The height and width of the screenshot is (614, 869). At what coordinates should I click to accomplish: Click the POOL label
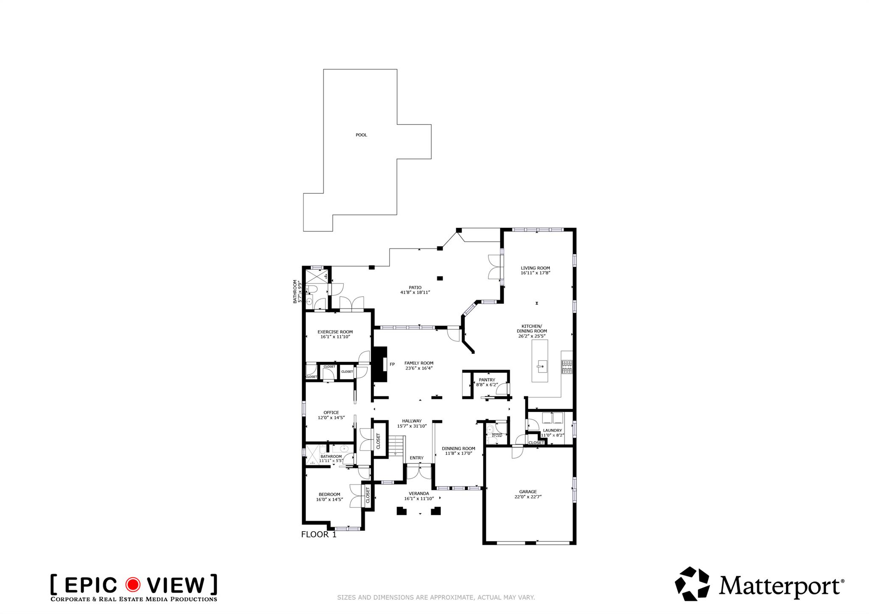click(361, 135)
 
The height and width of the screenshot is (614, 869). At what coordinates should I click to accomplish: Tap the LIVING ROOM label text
click(535, 268)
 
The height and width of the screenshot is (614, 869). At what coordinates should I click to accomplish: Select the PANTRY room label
click(487, 380)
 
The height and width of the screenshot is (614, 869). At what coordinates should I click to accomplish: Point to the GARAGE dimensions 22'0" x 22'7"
click(528, 497)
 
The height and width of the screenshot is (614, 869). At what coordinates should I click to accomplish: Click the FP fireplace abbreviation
click(392, 364)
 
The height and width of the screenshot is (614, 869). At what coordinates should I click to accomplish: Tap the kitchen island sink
click(541, 366)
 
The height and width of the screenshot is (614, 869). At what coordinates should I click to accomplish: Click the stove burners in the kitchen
click(567, 367)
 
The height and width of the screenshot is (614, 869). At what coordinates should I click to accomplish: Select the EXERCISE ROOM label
click(335, 332)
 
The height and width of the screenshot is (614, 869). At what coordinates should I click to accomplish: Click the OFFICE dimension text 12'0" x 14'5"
click(331, 418)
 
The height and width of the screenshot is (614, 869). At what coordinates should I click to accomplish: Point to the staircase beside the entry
click(396, 446)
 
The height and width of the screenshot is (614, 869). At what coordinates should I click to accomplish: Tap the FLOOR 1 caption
click(319, 535)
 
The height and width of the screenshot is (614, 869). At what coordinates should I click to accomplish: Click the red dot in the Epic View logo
click(133, 585)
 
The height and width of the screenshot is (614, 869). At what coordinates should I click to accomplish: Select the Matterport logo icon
click(692, 584)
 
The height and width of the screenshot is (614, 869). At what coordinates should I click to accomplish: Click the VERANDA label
click(418, 493)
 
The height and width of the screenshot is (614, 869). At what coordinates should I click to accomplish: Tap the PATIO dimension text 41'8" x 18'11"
click(415, 292)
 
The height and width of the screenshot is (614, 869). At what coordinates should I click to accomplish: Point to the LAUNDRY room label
click(552, 430)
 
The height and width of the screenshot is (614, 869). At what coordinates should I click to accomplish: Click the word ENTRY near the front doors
click(416, 458)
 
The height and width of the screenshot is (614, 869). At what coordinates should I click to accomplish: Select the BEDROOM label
click(329, 494)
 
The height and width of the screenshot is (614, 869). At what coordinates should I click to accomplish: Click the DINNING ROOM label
click(458, 448)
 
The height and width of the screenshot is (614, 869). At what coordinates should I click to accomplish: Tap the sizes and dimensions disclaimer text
click(436, 597)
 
